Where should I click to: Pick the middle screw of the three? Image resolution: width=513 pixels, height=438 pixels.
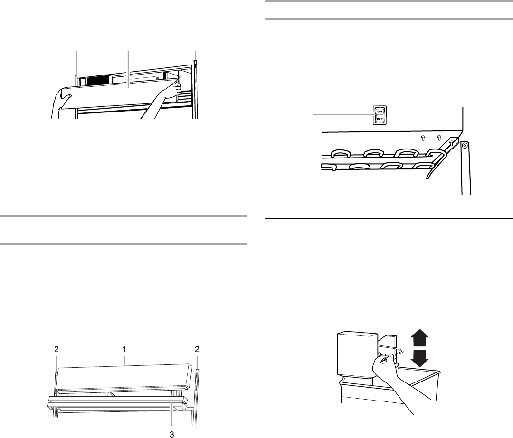(x=439, y=138)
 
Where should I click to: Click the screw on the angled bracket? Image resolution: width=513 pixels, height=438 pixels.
(x=451, y=141)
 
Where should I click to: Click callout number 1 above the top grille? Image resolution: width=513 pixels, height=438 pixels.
(x=124, y=349)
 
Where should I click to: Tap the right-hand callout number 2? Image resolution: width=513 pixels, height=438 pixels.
(x=197, y=349)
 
